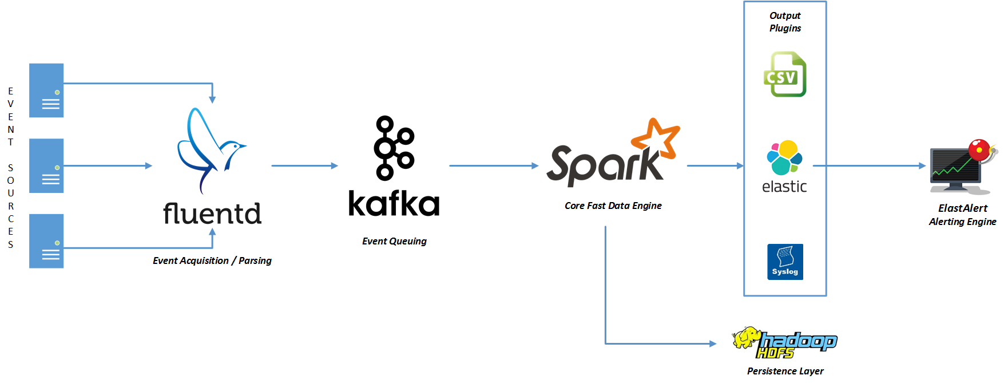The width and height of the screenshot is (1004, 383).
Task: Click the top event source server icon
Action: [46, 90]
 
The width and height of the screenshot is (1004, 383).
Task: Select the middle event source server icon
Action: [46, 165]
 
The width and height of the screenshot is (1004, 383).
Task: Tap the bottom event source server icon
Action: [46, 241]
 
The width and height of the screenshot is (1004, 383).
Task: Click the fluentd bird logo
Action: [209, 149]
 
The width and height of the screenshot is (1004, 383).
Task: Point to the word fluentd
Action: [212, 214]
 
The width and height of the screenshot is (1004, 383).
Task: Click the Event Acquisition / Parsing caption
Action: [212, 260]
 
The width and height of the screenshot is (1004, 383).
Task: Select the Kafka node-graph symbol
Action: [393, 147]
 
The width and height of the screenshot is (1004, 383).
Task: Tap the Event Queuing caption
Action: [394, 241]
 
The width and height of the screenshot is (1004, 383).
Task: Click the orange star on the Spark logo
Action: [657, 137]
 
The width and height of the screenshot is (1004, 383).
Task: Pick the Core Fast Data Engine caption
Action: [613, 206]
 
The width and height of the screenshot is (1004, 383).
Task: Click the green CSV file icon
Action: [785, 74]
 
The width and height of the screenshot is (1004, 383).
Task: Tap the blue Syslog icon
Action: [785, 262]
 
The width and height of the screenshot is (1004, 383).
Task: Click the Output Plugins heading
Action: [785, 22]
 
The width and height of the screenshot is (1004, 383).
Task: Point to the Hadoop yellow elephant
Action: [745, 338]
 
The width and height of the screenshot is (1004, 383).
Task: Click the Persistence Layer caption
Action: [785, 371]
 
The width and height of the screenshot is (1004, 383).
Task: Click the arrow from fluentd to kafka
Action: [304, 166]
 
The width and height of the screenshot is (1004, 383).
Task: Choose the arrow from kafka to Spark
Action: [493, 166]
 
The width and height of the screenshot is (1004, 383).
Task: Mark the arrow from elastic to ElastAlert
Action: [868, 166]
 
